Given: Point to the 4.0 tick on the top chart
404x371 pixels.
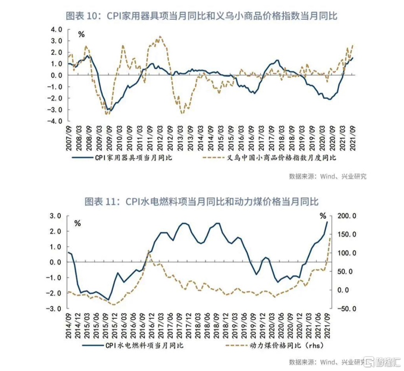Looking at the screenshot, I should [56, 29].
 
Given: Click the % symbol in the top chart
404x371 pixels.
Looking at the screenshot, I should [81, 34].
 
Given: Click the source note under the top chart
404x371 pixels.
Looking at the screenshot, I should [327, 176].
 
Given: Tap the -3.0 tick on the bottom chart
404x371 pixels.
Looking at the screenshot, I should [55, 309].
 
